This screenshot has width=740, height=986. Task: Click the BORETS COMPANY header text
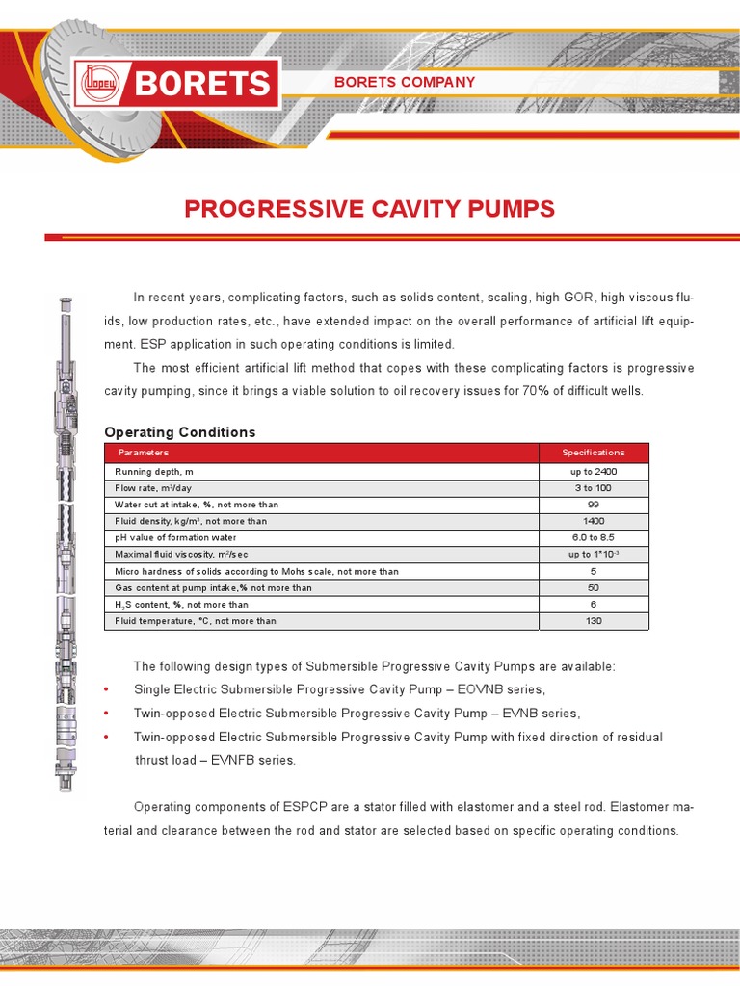click(404, 82)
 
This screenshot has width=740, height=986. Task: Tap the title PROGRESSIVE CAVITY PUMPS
click(369, 209)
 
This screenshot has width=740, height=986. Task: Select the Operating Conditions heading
click(179, 432)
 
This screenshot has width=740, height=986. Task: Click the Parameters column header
click(143, 453)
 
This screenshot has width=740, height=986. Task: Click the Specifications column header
click(593, 453)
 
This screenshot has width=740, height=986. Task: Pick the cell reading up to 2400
click(593, 472)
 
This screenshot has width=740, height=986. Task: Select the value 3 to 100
click(593, 488)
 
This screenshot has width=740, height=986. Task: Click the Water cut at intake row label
click(182, 505)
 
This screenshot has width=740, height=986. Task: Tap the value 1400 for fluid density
click(593, 521)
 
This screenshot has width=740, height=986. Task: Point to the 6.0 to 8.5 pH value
click(593, 537)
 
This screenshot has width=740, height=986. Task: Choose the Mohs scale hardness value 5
click(593, 571)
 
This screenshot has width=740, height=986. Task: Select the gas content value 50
click(593, 587)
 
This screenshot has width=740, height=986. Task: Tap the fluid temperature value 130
click(593, 621)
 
